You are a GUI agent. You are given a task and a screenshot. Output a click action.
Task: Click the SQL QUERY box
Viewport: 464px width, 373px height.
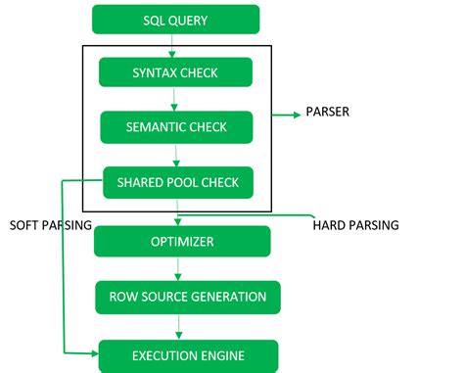tap(176, 20)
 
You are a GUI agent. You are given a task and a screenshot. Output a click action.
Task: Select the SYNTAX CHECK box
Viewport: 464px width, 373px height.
tap(176, 72)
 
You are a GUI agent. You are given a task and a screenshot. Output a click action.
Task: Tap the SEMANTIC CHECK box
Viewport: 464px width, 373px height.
tap(176, 126)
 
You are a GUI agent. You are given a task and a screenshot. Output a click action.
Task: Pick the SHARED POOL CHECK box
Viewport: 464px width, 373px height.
tap(178, 181)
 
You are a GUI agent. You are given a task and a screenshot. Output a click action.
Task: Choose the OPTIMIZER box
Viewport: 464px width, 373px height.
tap(182, 241)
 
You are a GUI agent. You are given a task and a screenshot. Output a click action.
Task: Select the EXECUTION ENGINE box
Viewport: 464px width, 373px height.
tap(188, 353)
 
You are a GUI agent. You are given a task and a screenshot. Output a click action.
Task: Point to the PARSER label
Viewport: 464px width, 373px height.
tap(328, 113)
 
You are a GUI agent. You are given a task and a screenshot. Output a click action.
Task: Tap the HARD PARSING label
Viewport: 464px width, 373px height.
tap(355, 225)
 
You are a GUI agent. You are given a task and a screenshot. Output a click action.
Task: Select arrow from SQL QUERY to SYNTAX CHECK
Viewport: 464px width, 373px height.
tap(173, 45)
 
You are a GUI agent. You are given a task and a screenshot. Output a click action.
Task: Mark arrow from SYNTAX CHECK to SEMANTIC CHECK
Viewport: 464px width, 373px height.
tap(175, 99)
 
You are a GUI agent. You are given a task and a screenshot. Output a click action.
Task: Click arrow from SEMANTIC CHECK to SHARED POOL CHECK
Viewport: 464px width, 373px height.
tap(176, 155)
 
